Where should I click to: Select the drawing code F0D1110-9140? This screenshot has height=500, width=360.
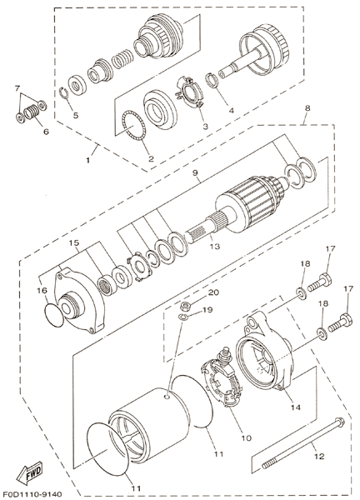pos(31,493)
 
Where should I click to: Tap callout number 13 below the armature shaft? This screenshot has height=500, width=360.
pos(215,246)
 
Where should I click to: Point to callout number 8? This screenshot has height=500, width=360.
pos(307,108)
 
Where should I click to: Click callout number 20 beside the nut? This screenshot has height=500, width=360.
pos(213,292)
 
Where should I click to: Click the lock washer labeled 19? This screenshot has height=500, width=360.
pos(182,317)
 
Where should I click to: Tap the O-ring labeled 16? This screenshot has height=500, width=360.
pos(53,316)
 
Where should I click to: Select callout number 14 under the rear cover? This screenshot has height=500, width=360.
pos(295,407)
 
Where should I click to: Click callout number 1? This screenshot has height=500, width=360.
pos(88,160)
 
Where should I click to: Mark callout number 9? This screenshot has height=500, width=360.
pos(195,173)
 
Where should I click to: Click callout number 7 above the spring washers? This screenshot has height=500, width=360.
pos(17,88)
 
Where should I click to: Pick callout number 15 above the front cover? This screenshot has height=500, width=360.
pos(74,243)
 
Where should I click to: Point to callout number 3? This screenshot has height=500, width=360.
pos(205,127)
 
